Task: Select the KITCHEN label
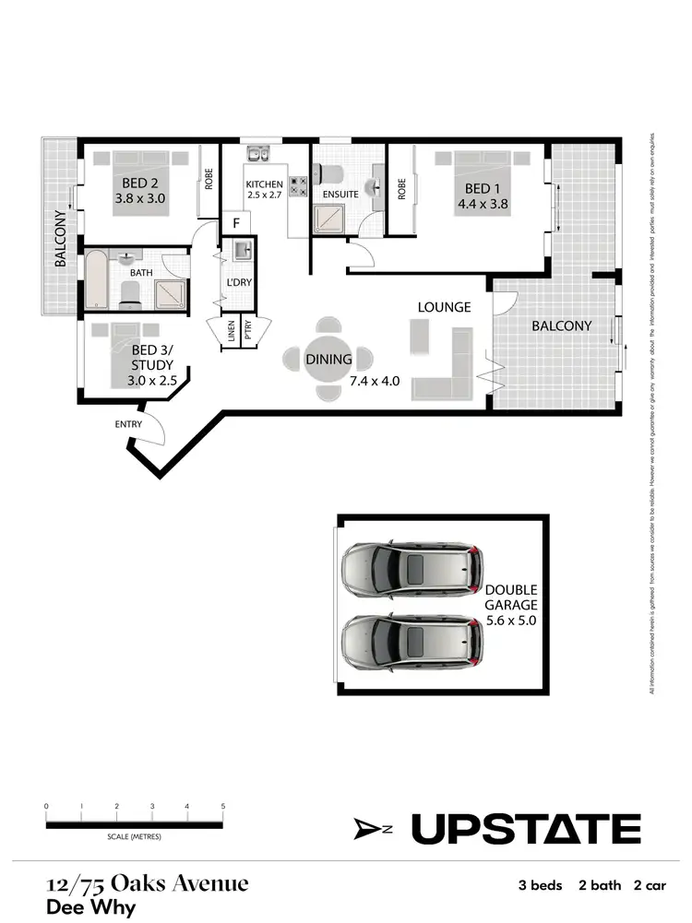[264, 184]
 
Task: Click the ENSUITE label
[340, 195]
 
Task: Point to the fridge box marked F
[236, 223]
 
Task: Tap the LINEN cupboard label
[231, 331]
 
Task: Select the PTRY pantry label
[249, 331]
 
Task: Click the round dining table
[328, 359]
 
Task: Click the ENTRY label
[128, 424]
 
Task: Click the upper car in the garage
[411, 566]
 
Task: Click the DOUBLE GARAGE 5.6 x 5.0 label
[510, 605]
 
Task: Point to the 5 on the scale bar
[223, 806]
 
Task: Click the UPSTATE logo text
[525, 829]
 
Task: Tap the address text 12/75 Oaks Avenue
[148, 883]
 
